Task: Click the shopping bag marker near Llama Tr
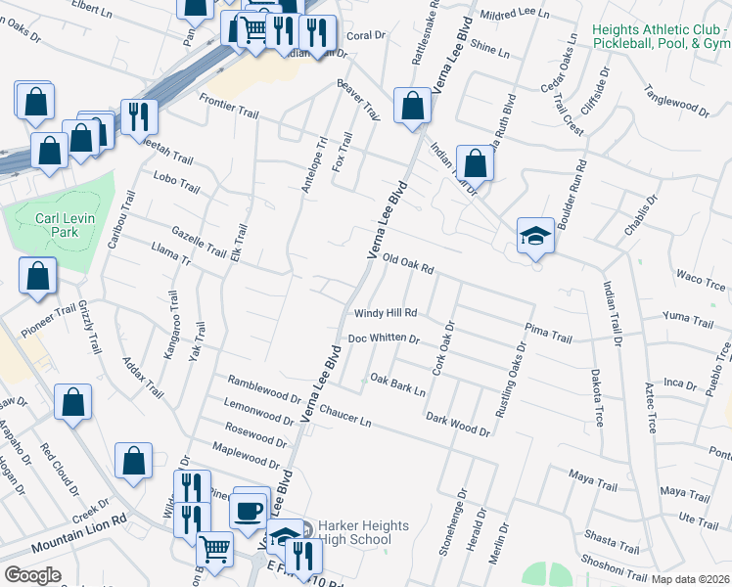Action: tap(37, 276)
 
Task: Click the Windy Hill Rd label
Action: tap(386, 313)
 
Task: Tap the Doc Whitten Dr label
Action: tap(384, 339)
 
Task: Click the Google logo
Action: tap(32, 575)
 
